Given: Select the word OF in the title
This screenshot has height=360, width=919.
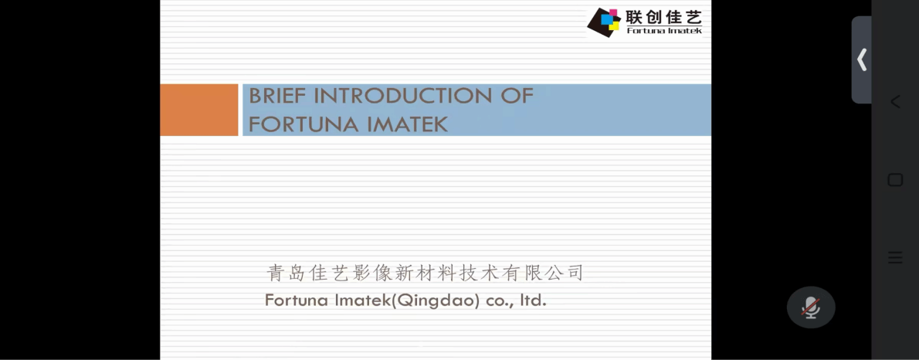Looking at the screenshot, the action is [517, 96].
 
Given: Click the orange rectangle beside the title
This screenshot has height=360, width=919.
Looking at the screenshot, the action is [199, 110].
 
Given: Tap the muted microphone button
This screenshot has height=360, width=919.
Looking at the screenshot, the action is [811, 307].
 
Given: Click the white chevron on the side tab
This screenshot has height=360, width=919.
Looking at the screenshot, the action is [862, 59].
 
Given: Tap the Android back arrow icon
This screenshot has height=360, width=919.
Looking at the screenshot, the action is [895, 102].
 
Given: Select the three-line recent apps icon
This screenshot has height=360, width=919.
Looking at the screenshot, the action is [895, 257].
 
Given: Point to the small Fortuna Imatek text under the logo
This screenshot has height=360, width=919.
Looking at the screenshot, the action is [664, 30].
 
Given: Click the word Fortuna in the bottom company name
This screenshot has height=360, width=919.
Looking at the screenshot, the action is [297, 301].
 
